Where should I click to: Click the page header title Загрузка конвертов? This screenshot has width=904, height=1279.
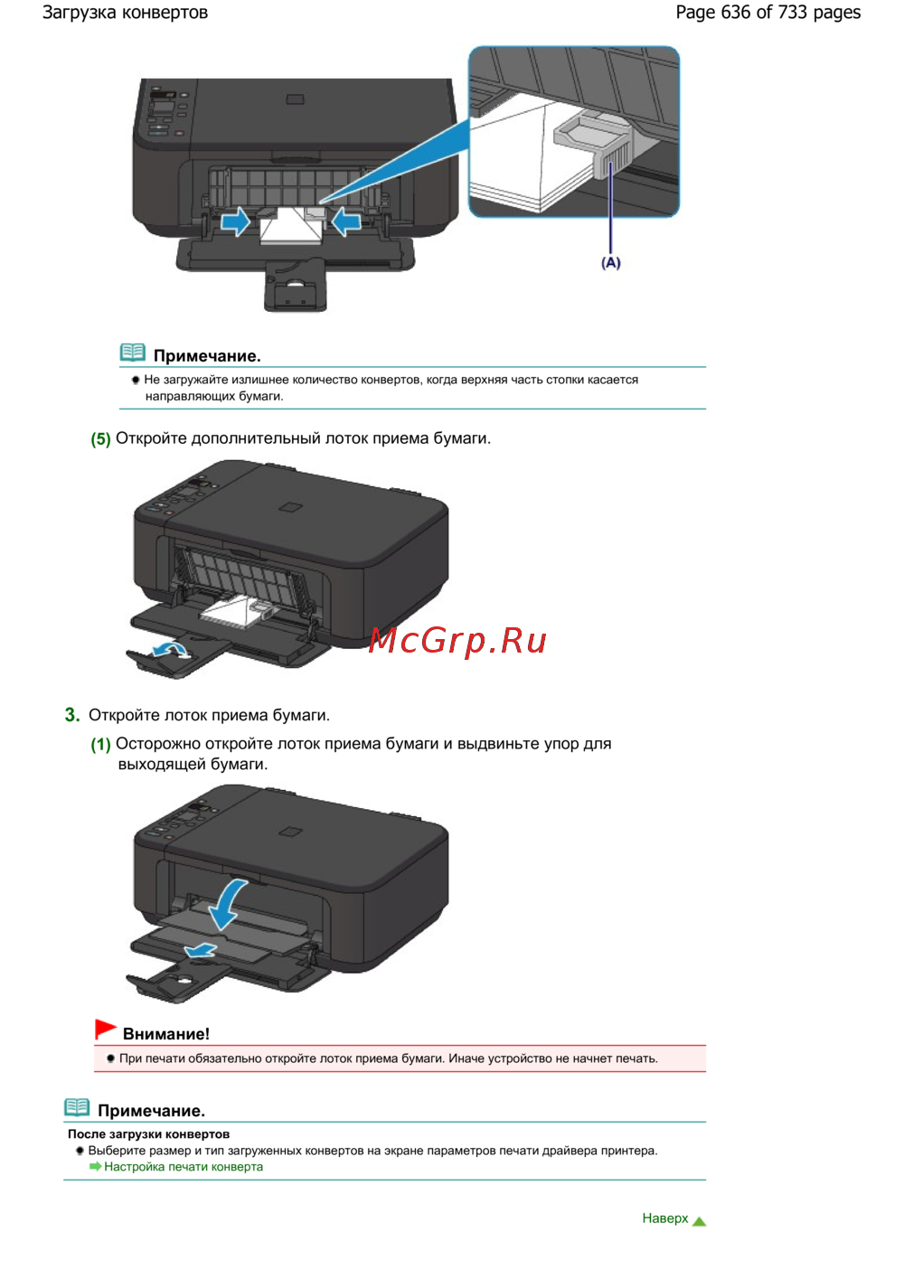[x=125, y=13]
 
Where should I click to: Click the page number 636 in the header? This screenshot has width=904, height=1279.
[x=736, y=12]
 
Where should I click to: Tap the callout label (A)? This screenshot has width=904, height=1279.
[x=610, y=263]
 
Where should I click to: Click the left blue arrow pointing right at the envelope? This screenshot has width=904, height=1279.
[x=235, y=221]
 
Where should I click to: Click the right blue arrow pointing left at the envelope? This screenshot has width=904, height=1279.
[x=346, y=221]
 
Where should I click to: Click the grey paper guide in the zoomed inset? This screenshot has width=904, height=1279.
[x=594, y=145]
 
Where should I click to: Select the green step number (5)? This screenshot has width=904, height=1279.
[x=100, y=439]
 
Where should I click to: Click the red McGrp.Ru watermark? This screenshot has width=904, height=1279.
[x=457, y=641]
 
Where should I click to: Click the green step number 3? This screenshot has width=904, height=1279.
[x=72, y=715]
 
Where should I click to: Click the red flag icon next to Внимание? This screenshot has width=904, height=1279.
[x=106, y=1029]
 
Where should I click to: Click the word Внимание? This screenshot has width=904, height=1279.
[x=166, y=1034]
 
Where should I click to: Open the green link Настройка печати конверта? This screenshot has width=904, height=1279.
[x=184, y=1167]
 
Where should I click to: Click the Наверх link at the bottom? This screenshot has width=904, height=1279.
[x=664, y=1218]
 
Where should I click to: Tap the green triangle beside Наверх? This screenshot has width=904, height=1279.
[x=699, y=1221]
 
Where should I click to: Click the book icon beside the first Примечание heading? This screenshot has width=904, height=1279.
[x=133, y=353]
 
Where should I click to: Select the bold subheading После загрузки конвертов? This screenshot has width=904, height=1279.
[x=149, y=1134]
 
